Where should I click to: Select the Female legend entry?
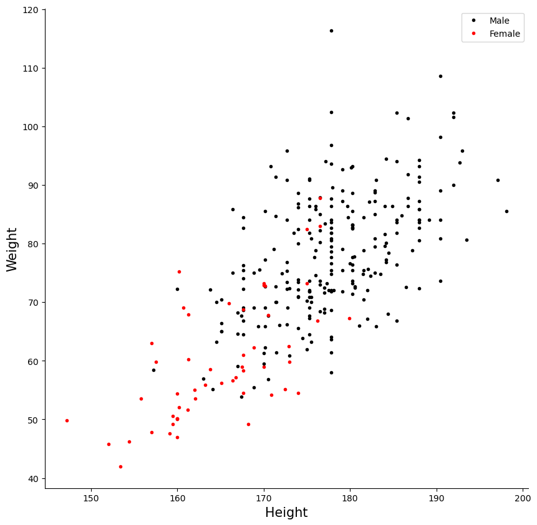click(496, 34)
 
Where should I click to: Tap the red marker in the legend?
click(473, 34)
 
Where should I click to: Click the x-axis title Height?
click(286, 513)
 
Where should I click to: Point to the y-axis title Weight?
click(11, 249)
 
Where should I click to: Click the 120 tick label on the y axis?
click(31, 10)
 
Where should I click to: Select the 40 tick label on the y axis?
click(33, 479)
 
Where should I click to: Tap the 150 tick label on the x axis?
click(91, 498)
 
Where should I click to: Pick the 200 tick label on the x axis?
click(523, 498)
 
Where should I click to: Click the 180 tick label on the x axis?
click(350, 498)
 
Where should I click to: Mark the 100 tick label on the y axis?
click(31, 127)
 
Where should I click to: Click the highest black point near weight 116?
click(332, 31)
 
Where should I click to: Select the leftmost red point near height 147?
click(67, 420)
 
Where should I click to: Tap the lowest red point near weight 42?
click(120, 467)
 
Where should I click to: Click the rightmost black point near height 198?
click(507, 211)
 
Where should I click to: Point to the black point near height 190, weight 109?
click(441, 76)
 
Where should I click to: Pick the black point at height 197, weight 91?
click(498, 180)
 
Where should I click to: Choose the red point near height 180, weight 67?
click(350, 319)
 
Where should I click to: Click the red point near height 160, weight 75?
click(179, 272)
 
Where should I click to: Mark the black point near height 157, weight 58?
click(154, 371)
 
